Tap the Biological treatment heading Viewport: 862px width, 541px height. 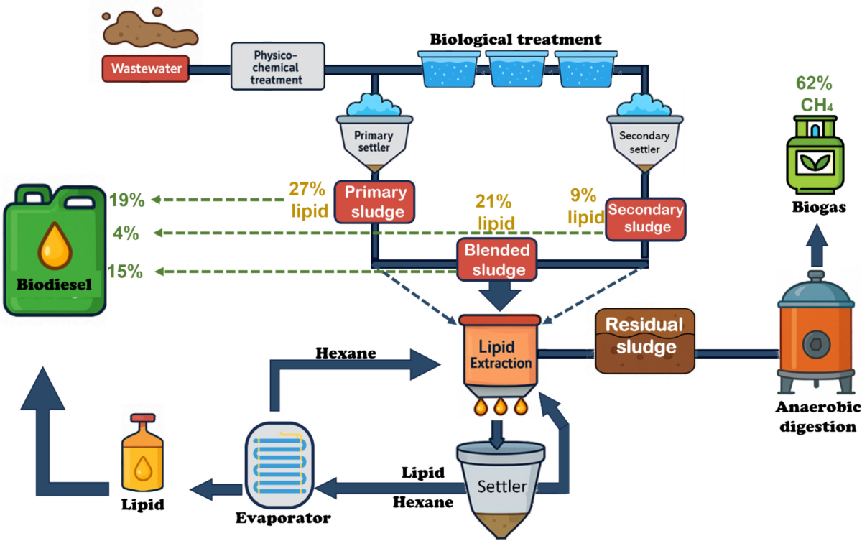coord(516,39)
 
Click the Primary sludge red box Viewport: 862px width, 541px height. coord(374,202)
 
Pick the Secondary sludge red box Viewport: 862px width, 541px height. coord(644,218)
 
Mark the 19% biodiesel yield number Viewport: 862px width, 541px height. coord(126,200)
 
